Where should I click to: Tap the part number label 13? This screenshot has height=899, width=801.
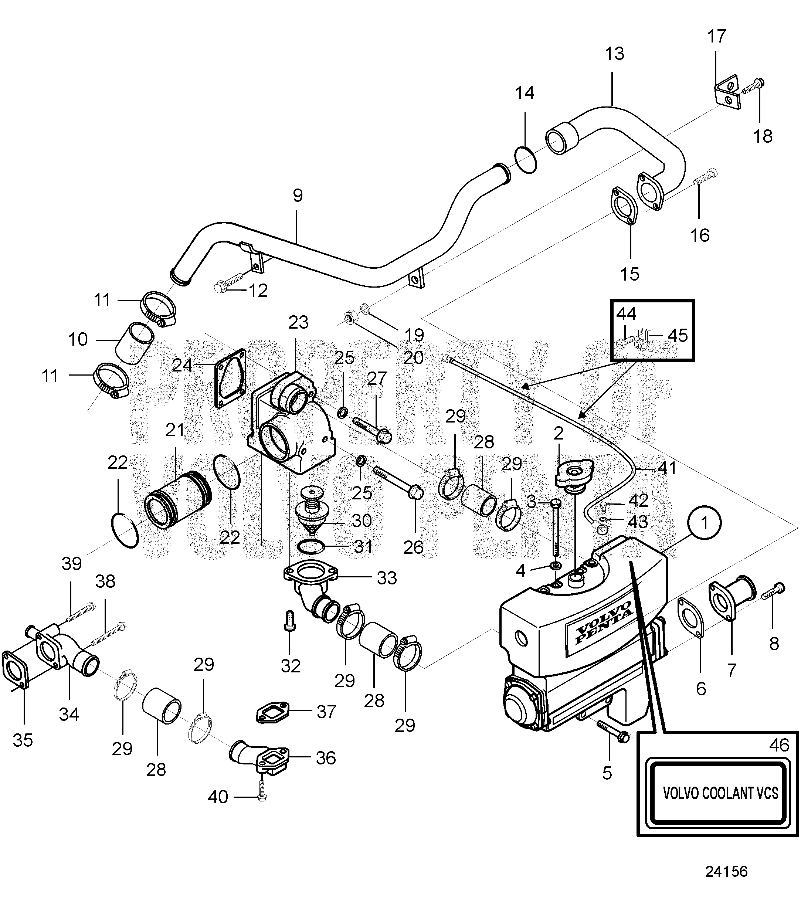click(614, 54)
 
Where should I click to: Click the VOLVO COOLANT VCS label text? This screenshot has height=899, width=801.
click(720, 793)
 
